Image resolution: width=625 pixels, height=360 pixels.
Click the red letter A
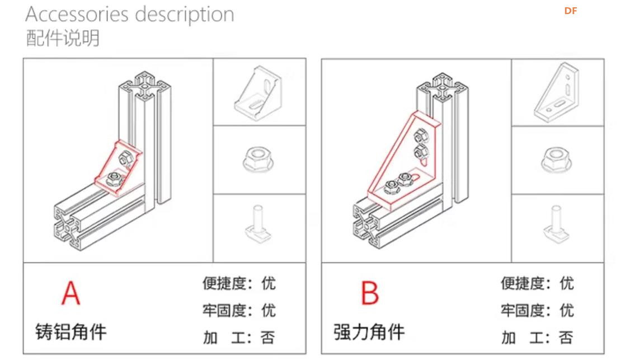(71, 293)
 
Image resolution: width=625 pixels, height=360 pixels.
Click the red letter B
(370, 293)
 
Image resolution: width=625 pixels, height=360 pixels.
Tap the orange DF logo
(570, 11)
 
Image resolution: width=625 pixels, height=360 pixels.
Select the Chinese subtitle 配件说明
(63, 38)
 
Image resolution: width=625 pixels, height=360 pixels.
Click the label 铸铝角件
(71, 331)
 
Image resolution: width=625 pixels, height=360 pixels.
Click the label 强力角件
(369, 331)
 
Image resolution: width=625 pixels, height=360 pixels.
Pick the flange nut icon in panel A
(260, 160)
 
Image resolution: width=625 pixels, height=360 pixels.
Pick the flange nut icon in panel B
(557, 160)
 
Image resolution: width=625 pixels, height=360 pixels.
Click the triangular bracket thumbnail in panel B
(557, 92)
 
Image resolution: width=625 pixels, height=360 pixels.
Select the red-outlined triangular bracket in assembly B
(402, 162)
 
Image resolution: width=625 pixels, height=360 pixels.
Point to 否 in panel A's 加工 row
(268, 338)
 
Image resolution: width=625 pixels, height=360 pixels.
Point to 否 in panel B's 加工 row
(566, 338)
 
